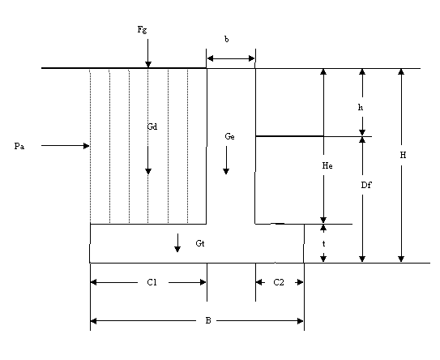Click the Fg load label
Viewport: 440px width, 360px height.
[x=142, y=29]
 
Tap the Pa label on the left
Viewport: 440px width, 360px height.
[x=19, y=146]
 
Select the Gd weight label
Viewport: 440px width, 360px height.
[x=152, y=126]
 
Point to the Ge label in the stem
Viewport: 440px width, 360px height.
[x=229, y=136]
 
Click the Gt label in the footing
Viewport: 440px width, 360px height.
[x=200, y=243]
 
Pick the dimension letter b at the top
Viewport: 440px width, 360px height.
[x=226, y=39]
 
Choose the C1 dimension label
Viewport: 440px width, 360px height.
[x=152, y=282]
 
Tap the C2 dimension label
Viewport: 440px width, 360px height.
[x=279, y=282]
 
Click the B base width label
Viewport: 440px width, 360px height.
[x=208, y=321]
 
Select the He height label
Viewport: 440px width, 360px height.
[x=327, y=165]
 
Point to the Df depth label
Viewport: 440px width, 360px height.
[x=366, y=185]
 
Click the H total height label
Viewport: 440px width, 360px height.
[x=403, y=155]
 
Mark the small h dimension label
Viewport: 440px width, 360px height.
[x=361, y=107]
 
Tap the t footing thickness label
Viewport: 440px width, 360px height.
[x=323, y=244]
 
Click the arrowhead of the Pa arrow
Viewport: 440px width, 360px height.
[x=86, y=146]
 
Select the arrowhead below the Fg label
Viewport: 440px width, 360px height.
[x=148, y=65]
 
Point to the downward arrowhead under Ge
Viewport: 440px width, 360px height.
[x=226, y=171]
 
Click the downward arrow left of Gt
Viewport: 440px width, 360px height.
[x=177, y=242]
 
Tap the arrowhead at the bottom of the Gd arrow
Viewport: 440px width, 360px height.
[x=148, y=171]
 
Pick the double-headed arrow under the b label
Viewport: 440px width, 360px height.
[x=231, y=58]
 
